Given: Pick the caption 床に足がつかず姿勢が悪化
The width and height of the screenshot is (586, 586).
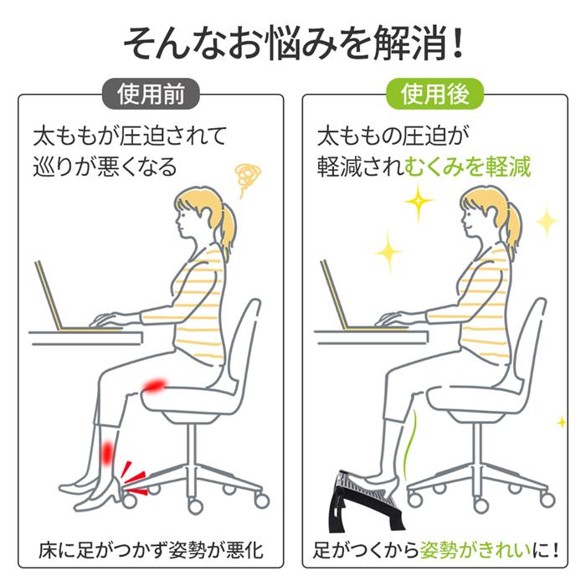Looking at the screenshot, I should click(x=151, y=551).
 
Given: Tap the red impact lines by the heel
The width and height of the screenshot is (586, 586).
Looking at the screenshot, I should click(x=131, y=475).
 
